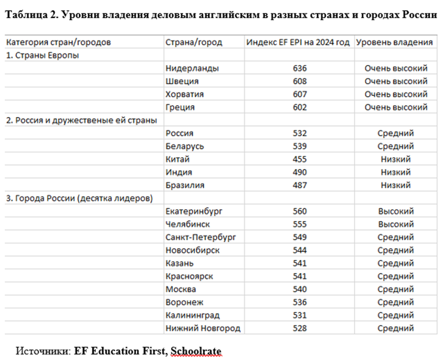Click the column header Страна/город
click(x=194, y=42)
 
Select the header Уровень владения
click(x=394, y=42)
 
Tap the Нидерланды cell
click(x=192, y=68)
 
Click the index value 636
click(x=300, y=68)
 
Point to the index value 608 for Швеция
click(x=300, y=81)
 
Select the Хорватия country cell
click(x=185, y=94)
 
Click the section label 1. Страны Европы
click(x=42, y=56)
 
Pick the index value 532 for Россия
click(x=300, y=133)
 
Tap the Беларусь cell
click(x=185, y=147)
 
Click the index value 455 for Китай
click(x=300, y=159)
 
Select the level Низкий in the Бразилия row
click(x=396, y=185)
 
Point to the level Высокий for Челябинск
click(x=396, y=224)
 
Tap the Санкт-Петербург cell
click(x=201, y=237)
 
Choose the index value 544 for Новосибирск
click(x=300, y=250)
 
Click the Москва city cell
click(x=181, y=289)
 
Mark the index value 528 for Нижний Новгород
click(x=300, y=328)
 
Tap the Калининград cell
click(x=193, y=315)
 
